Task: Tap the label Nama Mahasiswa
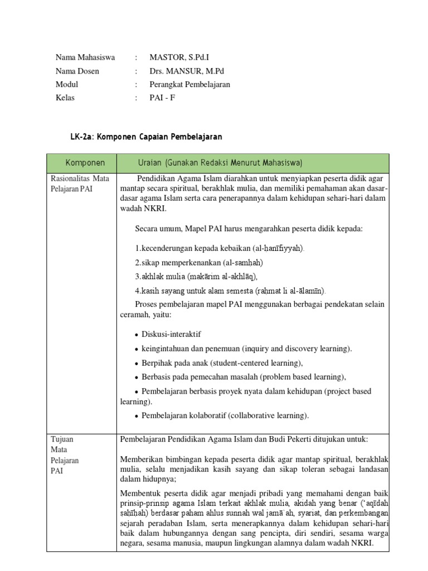(85, 57)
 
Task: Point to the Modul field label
(67, 84)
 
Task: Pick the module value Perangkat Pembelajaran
(189, 84)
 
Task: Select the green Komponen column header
(85, 162)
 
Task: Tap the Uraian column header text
(220, 162)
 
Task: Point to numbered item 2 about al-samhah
(198, 262)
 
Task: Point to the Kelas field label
(65, 98)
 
